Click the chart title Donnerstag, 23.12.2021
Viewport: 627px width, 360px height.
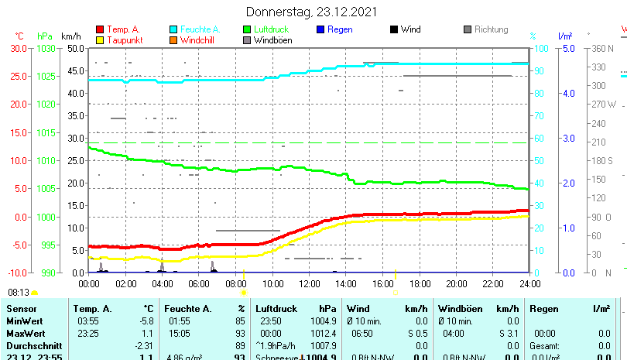(x=312, y=12)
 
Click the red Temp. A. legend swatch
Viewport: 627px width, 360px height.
(x=99, y=29)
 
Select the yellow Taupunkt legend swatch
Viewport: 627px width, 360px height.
(x=99, y=40)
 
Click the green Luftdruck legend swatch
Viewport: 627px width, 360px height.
(x=247, y=29)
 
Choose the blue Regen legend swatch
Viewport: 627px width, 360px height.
(x=320, y=29)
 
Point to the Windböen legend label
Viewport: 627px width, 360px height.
(x=272, y=40)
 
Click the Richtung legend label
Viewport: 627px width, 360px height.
(x=491, y=29)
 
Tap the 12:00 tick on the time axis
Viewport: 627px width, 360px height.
(x=309, y=283)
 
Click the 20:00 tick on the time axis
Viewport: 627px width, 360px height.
(x=456, y=283)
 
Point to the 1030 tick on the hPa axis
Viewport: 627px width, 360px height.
(x=46, y=48)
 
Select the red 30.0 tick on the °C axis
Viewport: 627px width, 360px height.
(x=19, y=48)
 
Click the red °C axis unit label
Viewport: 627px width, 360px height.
(x=19, y=36)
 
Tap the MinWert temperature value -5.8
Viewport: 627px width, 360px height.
(x=146, y=321)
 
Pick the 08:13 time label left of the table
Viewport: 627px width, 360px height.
(x=19, y=292)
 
